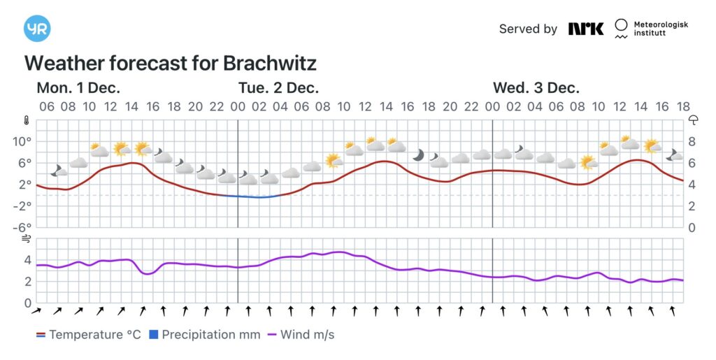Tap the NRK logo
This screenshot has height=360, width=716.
coord(585,29)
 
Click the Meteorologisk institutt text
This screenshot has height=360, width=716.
coord(661,29)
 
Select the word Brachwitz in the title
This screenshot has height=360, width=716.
coord(270,64)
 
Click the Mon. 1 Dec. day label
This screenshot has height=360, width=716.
coord(78,88)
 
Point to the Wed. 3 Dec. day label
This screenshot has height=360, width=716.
coord(536,88)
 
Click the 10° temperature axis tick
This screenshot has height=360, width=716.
coord(22,141)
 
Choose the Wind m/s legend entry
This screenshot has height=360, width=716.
coord(301,335)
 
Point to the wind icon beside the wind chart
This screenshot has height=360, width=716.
coord(27,239)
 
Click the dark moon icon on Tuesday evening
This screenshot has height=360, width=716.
coord(418,154)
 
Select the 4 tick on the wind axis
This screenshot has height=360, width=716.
coord(27,260)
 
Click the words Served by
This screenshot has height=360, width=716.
coord(528,29)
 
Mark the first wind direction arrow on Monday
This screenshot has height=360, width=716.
coord(36,310)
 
